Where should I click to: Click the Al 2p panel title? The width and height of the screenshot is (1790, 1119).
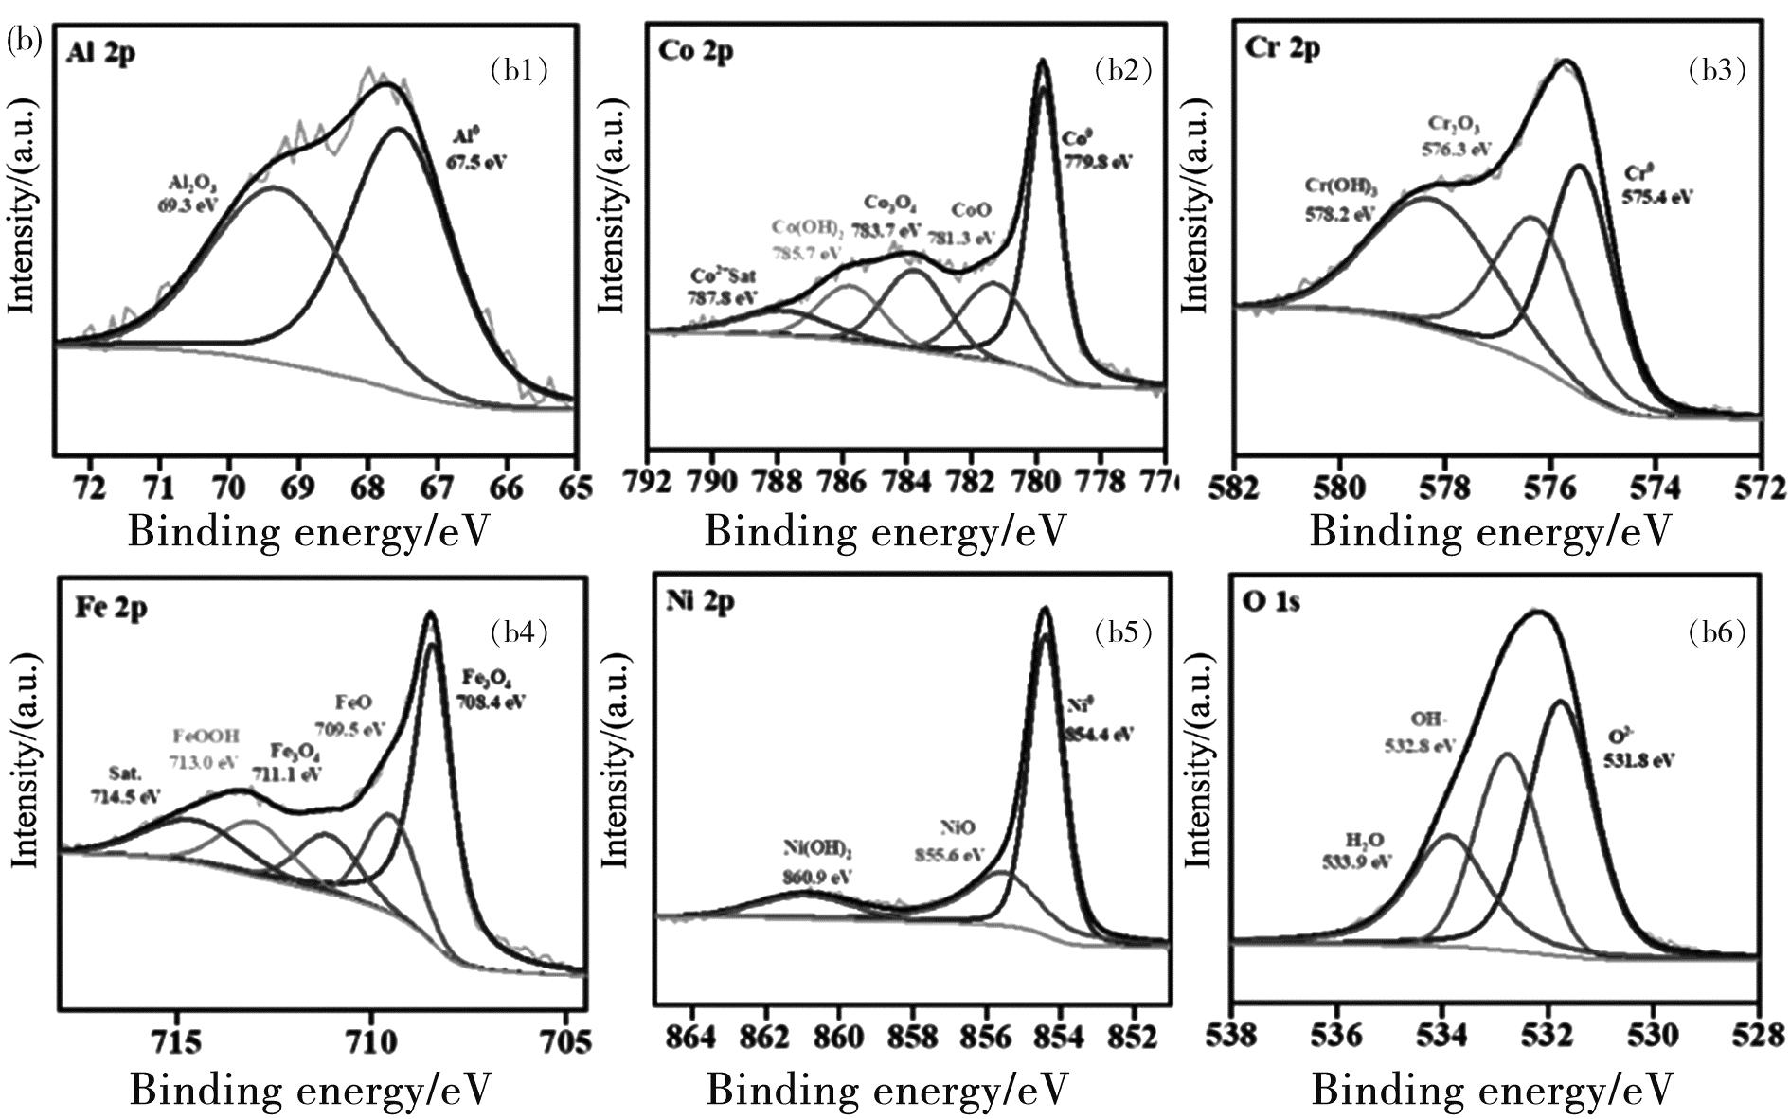[100, 52]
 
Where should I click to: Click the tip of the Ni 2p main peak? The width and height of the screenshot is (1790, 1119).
[1045, 609]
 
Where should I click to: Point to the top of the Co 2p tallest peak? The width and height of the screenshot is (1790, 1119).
[1043, 62]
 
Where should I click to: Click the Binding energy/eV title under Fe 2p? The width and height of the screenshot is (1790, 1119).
[311, 1090]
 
